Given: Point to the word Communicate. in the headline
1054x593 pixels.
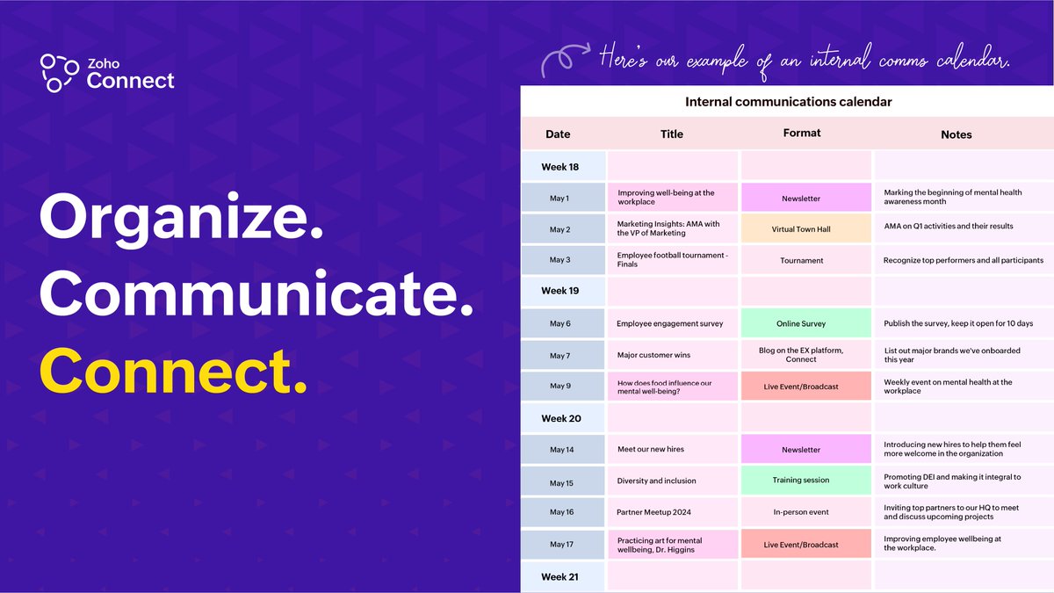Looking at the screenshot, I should tap(255, 295).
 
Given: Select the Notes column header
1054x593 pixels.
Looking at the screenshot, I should tap(956, 134).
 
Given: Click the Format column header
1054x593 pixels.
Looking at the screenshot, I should tap(802, 134).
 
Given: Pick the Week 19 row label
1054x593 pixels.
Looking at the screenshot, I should tap(560, 291).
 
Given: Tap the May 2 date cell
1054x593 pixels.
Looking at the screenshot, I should tap(560, 229).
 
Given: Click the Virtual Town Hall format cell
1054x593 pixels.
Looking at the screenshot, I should tap(801, 229).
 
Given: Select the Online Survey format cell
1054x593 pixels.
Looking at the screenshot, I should tap(801, 323).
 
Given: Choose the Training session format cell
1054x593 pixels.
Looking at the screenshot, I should tap(801, 481).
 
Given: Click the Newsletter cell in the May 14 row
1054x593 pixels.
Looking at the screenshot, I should tap(801, 450).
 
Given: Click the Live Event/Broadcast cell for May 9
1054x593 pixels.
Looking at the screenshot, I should tap(801, 387).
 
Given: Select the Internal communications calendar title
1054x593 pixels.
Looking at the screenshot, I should tap(788, 102).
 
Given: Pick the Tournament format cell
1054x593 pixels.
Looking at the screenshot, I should tap(801, 260).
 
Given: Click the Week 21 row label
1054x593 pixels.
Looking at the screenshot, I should tap(560, 576).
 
